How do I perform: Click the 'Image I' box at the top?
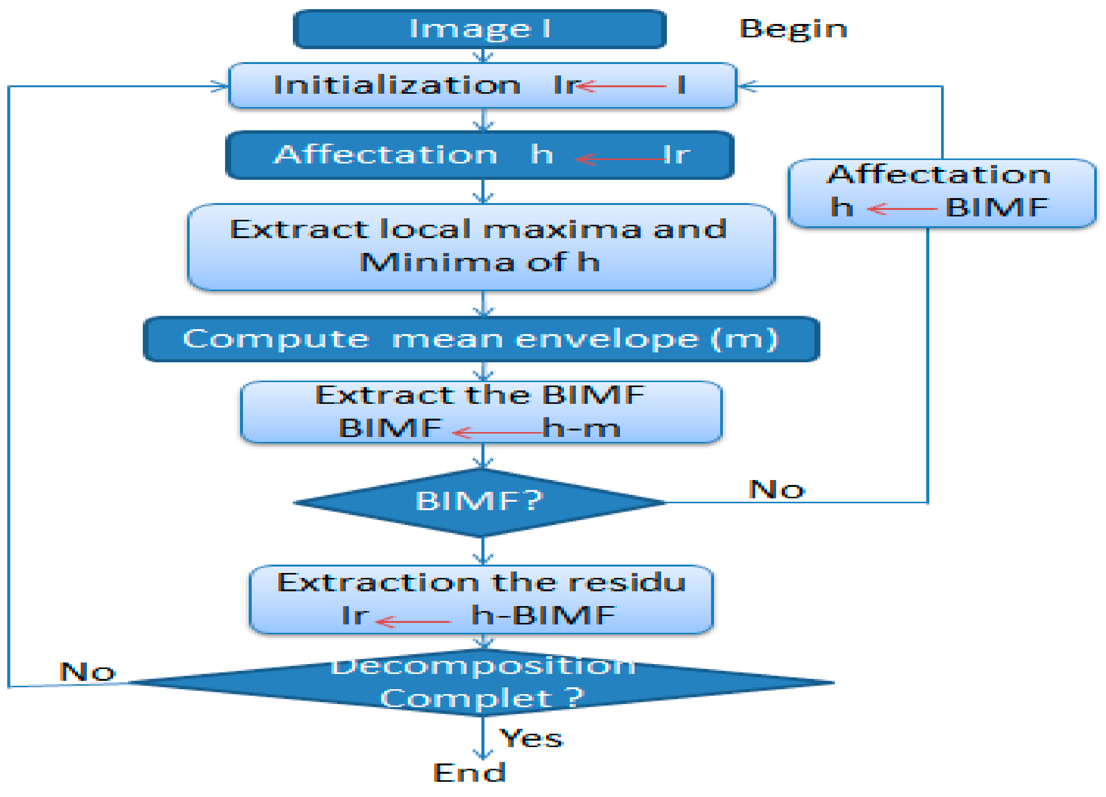coord(479,29)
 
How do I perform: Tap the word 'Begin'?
coord(793,29)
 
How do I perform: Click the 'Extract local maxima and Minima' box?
coord(481,247)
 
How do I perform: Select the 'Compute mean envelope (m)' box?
coord(481,339)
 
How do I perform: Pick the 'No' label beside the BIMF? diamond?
coord(776,489)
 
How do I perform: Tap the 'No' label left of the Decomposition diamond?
coord(87,672)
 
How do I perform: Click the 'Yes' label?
coord(532,738)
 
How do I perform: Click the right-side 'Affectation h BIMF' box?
coord(941,193)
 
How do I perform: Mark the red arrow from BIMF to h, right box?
coord(902,209)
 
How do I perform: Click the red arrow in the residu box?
coord(414,622)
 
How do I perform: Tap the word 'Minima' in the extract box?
coord(436,262)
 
